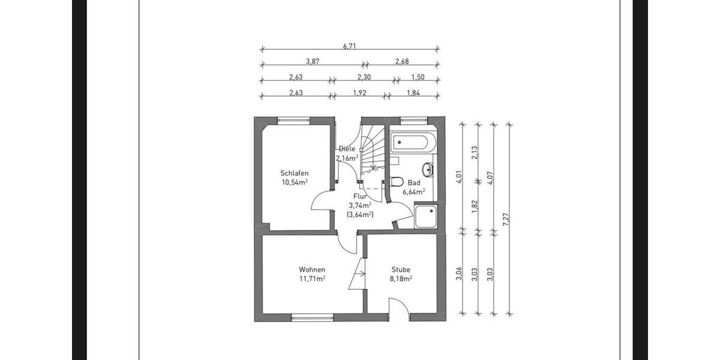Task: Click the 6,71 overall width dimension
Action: [350, 45]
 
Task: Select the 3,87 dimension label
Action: [312, 61]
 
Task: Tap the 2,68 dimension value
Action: [402, 61]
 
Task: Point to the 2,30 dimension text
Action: [364, 77]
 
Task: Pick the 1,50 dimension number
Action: [417, 77]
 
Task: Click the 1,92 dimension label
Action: [360, 92]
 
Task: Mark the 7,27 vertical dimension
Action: [506, 219]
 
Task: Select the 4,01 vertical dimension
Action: [459, 176]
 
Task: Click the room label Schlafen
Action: [295, 173]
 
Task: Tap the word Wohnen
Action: [312, 269]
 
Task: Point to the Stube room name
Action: [401, 270]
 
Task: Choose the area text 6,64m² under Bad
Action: [414, 192]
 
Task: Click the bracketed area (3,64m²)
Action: [360, 214]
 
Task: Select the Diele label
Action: [347, 149]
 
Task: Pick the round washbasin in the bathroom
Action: [427, 168]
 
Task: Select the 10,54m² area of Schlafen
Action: [295, 182]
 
